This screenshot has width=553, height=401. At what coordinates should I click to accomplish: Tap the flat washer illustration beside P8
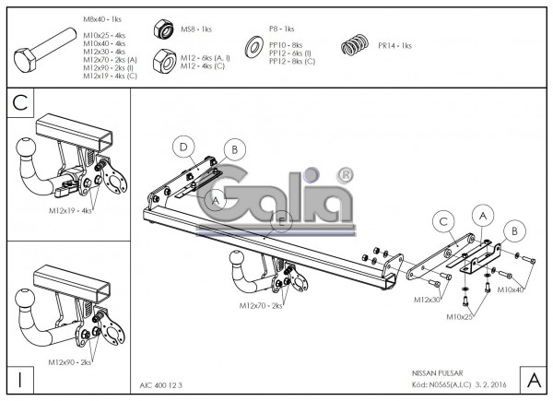point(252,46)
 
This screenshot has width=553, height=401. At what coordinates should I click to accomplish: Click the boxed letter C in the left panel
point(19,102)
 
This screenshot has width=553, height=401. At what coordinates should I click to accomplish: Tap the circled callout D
point(184,146)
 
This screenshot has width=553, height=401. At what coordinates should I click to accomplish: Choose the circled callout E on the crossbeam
point(282,219)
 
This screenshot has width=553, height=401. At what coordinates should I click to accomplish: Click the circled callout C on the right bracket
point(443,221)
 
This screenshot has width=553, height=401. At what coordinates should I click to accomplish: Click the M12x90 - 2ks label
point(70,361)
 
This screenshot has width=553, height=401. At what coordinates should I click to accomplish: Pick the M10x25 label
point(463,316)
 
